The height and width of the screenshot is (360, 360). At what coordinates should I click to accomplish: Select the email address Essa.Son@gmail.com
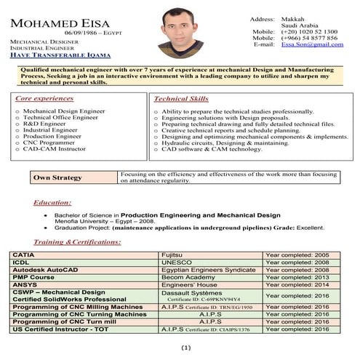(312, 44)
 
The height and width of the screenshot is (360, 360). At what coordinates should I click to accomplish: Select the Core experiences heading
(44, 97)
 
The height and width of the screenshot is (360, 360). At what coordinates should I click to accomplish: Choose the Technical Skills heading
(180, 97)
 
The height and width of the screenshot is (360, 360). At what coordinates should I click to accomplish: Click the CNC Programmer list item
(52, 143)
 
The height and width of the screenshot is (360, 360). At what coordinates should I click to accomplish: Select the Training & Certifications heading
(72, 241)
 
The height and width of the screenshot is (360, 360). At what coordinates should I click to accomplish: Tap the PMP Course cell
(32, 277)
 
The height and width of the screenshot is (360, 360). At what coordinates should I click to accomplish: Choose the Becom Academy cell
(187, 277)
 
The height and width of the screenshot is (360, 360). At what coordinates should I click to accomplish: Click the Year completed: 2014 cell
(297, 284)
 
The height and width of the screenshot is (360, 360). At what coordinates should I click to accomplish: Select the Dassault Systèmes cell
(191, 292)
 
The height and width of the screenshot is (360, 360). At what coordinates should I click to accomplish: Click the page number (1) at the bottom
(185, 348)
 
